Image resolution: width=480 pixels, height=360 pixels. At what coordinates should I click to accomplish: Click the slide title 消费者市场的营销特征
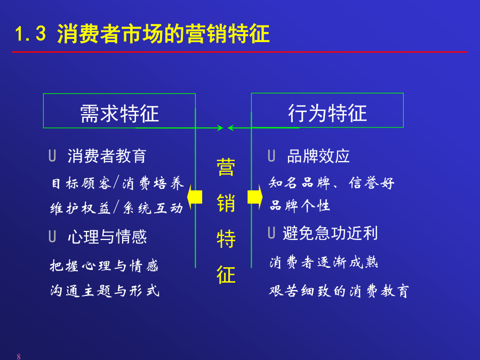[164, 34]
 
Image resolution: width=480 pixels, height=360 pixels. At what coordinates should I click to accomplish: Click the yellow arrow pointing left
[195, 197]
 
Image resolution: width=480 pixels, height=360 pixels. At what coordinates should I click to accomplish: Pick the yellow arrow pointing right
[255, 197]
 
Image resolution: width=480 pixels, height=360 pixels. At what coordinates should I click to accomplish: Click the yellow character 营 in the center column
[226, 167]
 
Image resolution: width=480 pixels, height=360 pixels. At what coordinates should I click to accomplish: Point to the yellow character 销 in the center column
[226, 203]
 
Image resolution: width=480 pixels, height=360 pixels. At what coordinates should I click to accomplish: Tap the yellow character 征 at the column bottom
[226, 274]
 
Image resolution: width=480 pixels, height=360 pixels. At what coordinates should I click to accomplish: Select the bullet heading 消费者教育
[107, 156]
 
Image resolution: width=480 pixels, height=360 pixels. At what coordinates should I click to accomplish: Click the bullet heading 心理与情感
[107, 237]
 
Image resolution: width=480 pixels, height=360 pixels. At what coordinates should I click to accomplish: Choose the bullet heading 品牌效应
[318, 156]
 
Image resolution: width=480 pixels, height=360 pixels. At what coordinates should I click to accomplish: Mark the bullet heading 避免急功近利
[330, 233]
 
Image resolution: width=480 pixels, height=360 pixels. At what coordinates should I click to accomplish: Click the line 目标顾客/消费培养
[117, 183]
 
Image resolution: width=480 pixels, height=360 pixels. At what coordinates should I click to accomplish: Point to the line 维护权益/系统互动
[117, 208]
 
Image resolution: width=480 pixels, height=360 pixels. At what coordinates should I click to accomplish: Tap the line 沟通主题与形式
[105, 291]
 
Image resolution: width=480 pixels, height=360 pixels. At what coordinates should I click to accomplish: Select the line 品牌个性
[300, 205]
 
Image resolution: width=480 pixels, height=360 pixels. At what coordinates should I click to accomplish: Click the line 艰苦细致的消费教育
[339, 291]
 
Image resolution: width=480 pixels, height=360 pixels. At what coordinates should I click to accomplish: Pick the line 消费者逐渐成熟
[324, 262]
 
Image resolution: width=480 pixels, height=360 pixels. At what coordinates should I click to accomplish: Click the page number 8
[19, 356]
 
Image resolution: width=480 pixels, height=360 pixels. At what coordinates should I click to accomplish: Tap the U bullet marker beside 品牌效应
[271, 156]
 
